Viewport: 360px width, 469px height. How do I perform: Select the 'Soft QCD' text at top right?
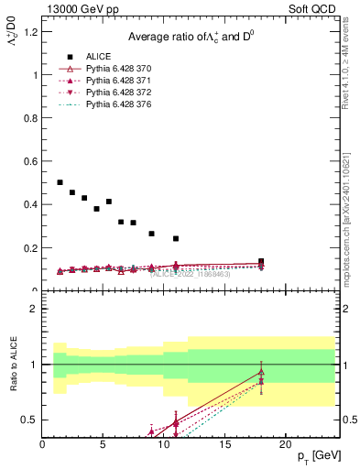point(317,10)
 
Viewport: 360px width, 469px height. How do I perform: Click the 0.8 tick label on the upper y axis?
point(29,118)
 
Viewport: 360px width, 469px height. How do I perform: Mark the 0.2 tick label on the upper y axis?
point(29,248)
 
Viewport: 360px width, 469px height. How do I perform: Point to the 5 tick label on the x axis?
point(104,444)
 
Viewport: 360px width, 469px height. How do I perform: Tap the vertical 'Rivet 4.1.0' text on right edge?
point(352,92)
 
